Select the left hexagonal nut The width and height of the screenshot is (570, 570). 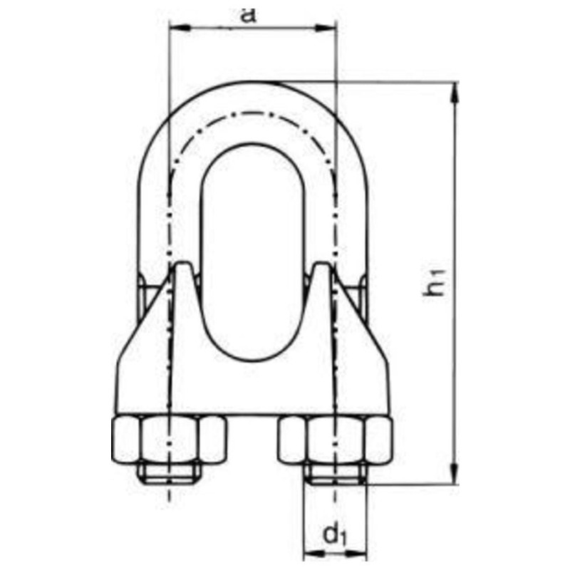(170, 439)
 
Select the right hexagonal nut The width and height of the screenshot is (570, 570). (335, 439)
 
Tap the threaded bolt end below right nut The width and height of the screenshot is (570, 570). (335, 473)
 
